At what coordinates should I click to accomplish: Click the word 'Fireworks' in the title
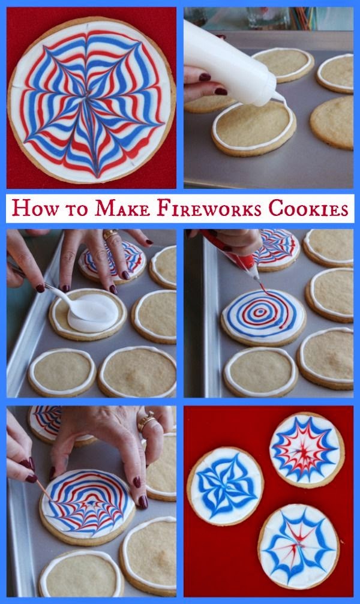coord(209,208)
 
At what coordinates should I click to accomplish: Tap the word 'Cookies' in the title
coord(308,208)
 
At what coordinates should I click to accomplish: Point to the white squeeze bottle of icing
coord(230,64)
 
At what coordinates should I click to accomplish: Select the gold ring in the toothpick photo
coord(146,421)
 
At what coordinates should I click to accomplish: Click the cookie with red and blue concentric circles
coord(263,318)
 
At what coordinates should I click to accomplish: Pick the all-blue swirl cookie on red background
coord(225,486)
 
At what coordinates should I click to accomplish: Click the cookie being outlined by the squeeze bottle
coord(254,128)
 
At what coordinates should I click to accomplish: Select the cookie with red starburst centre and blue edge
coord(307,450)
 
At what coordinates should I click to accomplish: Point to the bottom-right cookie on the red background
coord(299,546)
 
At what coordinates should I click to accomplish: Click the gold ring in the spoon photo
coord(110,234)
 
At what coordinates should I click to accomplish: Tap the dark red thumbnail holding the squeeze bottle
coord(221,91)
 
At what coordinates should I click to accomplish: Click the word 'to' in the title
coord(77,211)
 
